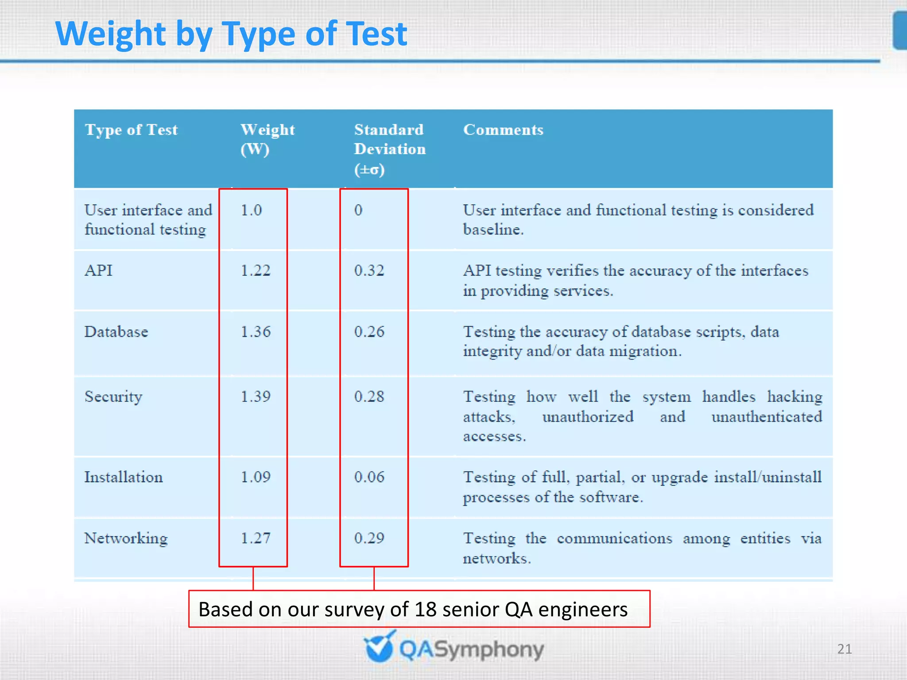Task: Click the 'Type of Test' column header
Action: [131, 130]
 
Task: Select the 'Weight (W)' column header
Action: [267, 139]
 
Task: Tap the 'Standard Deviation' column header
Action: [389, 149]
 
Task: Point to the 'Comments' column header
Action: [503, 130]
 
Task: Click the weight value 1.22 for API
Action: [256, 270]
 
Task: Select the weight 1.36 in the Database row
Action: [256, 332]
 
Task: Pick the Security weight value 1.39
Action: [256, 396]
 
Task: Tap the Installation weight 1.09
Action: [256, 477]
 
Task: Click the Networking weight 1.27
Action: [256, 538]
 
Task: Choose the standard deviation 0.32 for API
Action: [369, 270]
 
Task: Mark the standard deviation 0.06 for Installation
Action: [369, 477]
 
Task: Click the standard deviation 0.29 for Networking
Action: [369, 538]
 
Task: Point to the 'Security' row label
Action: [113, 397]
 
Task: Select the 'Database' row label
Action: [116, 332]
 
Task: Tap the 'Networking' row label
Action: [126, 538]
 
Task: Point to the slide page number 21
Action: [844, 649]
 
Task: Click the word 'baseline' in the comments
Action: [492, 229]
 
